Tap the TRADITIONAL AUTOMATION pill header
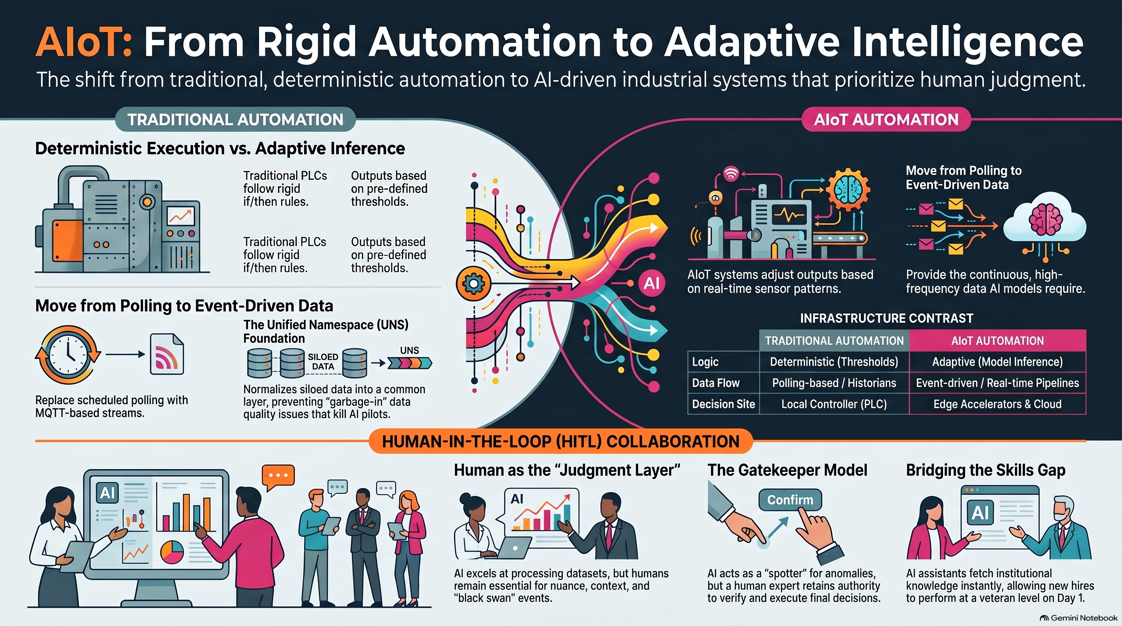235,119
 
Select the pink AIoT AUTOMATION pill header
886,119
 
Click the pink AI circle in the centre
651,283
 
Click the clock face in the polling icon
68,355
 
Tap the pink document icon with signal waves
167,354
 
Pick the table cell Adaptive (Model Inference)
997,362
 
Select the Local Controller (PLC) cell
834,404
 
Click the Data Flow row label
716,383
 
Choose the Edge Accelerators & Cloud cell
997,404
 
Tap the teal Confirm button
790,500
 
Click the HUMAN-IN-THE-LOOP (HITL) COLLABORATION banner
561,441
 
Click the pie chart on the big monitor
172,551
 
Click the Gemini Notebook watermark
1078,618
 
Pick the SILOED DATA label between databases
323,362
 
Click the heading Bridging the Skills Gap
986,470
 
